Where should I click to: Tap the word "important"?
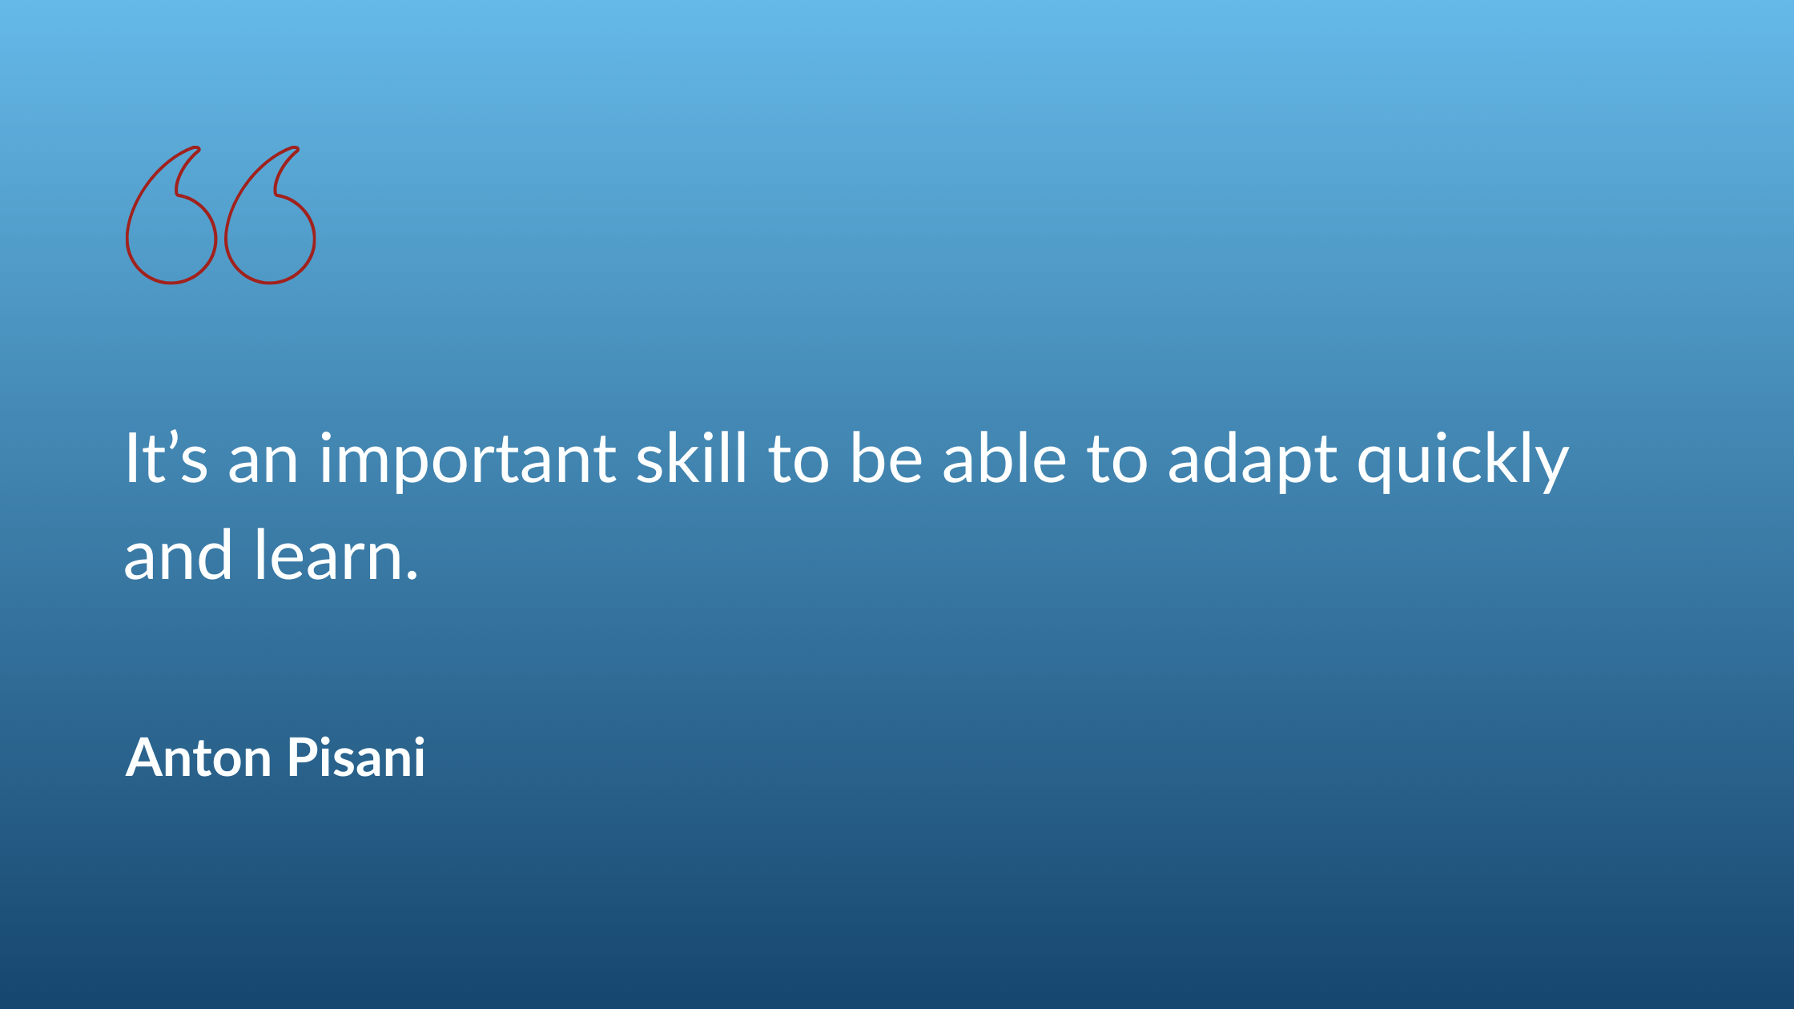tap(468, 460)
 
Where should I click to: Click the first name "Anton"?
tap(199, 758)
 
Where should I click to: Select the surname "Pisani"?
tap(356, 758)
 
